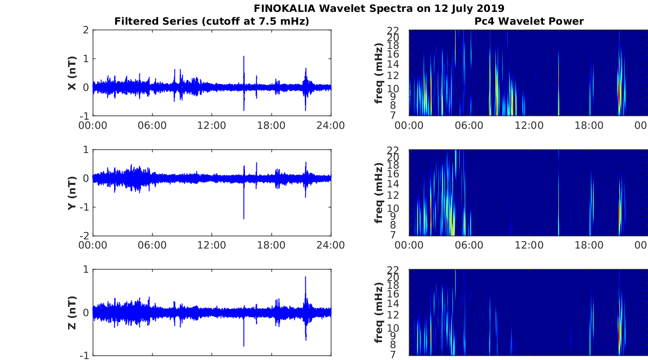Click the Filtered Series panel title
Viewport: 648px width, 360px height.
click(x=212, y=21)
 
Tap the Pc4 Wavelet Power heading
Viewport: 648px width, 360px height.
click(x=529, y=21)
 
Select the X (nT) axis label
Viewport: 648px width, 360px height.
click(x=72, y=73)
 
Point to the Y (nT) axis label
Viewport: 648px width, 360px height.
click(x=72, y=193)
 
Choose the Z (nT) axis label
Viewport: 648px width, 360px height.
click(x=72, y=312)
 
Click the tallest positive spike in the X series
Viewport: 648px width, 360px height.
click(x=244, y=56)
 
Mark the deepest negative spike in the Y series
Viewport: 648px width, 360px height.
click(x=244, y=218)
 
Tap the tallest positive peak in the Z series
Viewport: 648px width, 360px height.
click(x=305, y=277)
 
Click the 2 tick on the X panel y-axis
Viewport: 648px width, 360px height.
click(x=86, y=30)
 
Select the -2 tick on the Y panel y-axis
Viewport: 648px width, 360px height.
click(x=85, y=236)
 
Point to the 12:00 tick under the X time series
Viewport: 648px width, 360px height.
click(x=212, y=126)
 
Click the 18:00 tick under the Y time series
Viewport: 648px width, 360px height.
click(x=271, y=245)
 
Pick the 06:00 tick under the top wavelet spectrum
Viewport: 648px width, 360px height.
click(x=469, y=126)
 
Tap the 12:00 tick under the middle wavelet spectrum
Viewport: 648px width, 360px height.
click(x=529, y=245)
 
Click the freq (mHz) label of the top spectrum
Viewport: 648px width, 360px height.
click(x=379, y=73)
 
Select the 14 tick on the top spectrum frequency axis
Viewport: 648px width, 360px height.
click(x=393, y=64)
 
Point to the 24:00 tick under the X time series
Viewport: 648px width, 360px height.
click(x=331, y=126)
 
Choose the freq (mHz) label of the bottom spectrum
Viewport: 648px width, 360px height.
click(x=379, y=312)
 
